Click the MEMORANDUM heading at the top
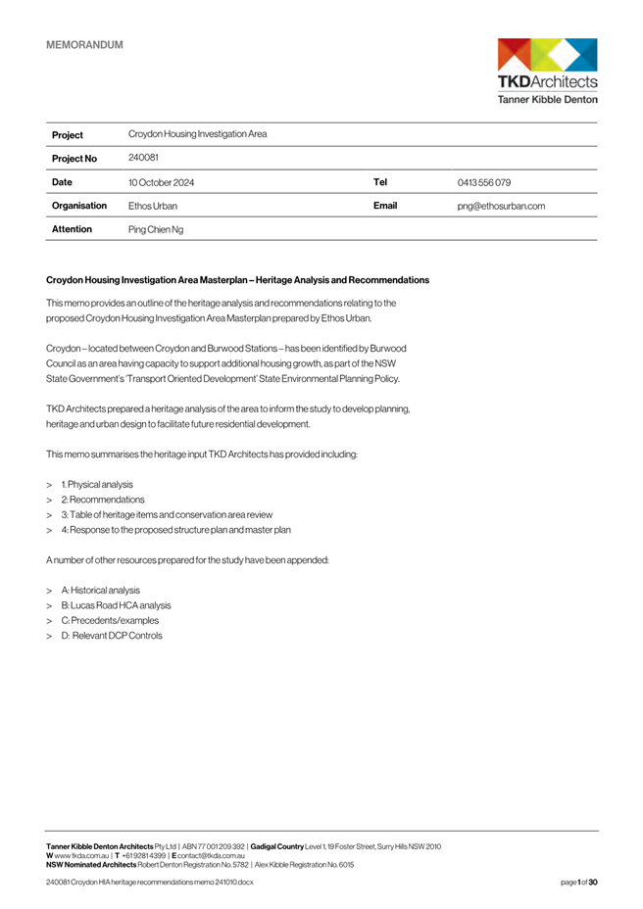point(84,44)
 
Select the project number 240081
point(143,157)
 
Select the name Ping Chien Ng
point(156,229)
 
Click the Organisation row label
point(78,207)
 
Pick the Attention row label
point(72,229)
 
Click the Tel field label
point(380,182)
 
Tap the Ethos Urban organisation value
point(153,207)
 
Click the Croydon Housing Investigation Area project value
point(197,134)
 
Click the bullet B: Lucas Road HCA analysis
point(116,605)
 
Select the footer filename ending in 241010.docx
point(149,883)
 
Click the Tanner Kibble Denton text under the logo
point(547,99)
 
